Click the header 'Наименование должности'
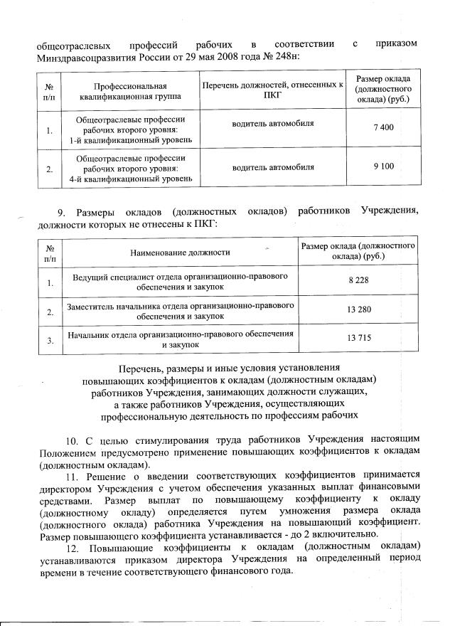click(x=180, y=251)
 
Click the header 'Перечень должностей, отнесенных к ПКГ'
click(x=272, y=89)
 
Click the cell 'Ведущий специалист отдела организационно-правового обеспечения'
click(x=180, y=281)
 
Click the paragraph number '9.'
click(x=61, y=211)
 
